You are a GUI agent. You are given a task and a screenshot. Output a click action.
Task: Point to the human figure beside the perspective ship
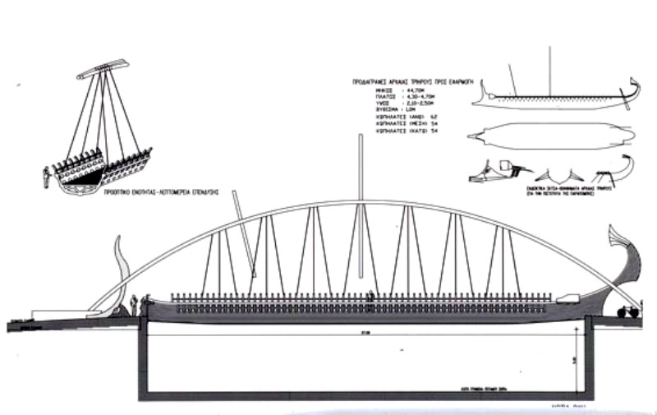46,176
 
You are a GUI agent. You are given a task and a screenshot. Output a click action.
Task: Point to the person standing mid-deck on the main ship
370,296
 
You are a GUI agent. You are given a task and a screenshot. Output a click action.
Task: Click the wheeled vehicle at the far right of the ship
627,311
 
